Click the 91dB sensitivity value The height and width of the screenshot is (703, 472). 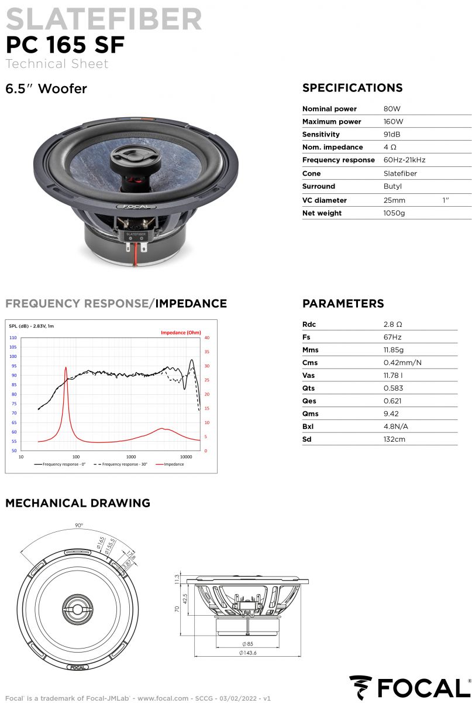point(392,134)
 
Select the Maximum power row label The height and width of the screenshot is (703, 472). point(332,122)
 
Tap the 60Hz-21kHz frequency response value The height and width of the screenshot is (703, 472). point(404,160)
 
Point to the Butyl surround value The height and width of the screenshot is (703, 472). point(392,186)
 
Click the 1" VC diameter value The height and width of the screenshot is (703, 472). point(446,200)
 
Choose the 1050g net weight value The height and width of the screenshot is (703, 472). point(394,213)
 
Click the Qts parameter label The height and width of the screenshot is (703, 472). point(309,388)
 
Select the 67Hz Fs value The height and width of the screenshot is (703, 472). point(392,337)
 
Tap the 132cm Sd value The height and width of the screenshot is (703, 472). point(394,439)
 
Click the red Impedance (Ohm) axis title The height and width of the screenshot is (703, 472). point(181,333)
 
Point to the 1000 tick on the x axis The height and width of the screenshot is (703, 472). point(131,456)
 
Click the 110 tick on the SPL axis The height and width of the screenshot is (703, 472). point(13,338)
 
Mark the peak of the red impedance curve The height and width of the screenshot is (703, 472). point(66,367)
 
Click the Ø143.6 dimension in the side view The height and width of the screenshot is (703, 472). point(248,653)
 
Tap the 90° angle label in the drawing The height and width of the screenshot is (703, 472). point(79,525)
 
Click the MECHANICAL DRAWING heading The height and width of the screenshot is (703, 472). point(78,503)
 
